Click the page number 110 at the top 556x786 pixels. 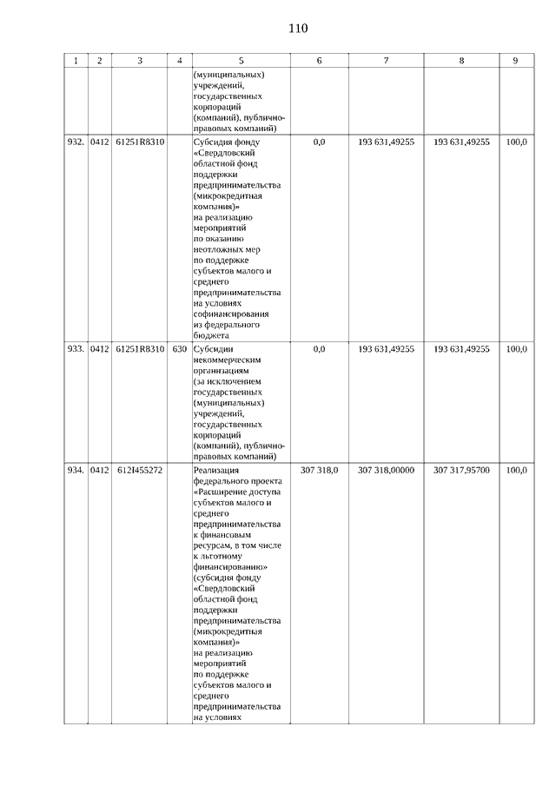[x=298, y=29]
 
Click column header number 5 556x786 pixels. [x=241, y=61]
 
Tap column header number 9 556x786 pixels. [x=515, y=61]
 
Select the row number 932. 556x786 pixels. [x=75, y=141]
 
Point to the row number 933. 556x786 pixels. [x=75, y=348]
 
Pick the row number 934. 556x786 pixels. [x=75, y=470]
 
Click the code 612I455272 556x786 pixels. [x=140, y=470]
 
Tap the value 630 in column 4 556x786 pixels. [x=179, y=348]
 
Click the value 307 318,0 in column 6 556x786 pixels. [x=319, y=470]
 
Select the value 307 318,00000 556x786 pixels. [x=386, y=470]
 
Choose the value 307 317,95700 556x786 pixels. [x=461, y=470]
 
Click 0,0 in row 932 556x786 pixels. [x=319, y=141]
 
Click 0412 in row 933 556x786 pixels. [x=100, y=348]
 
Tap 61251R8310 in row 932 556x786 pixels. [x=140, y=141]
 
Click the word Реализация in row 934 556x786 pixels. [x=217, y=470]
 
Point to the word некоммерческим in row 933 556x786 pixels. [x=227, y=359]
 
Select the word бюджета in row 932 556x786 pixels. [x=211, y=334]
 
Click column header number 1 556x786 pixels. [x=76, y=61]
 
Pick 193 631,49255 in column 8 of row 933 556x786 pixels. [x=461, y=348]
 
